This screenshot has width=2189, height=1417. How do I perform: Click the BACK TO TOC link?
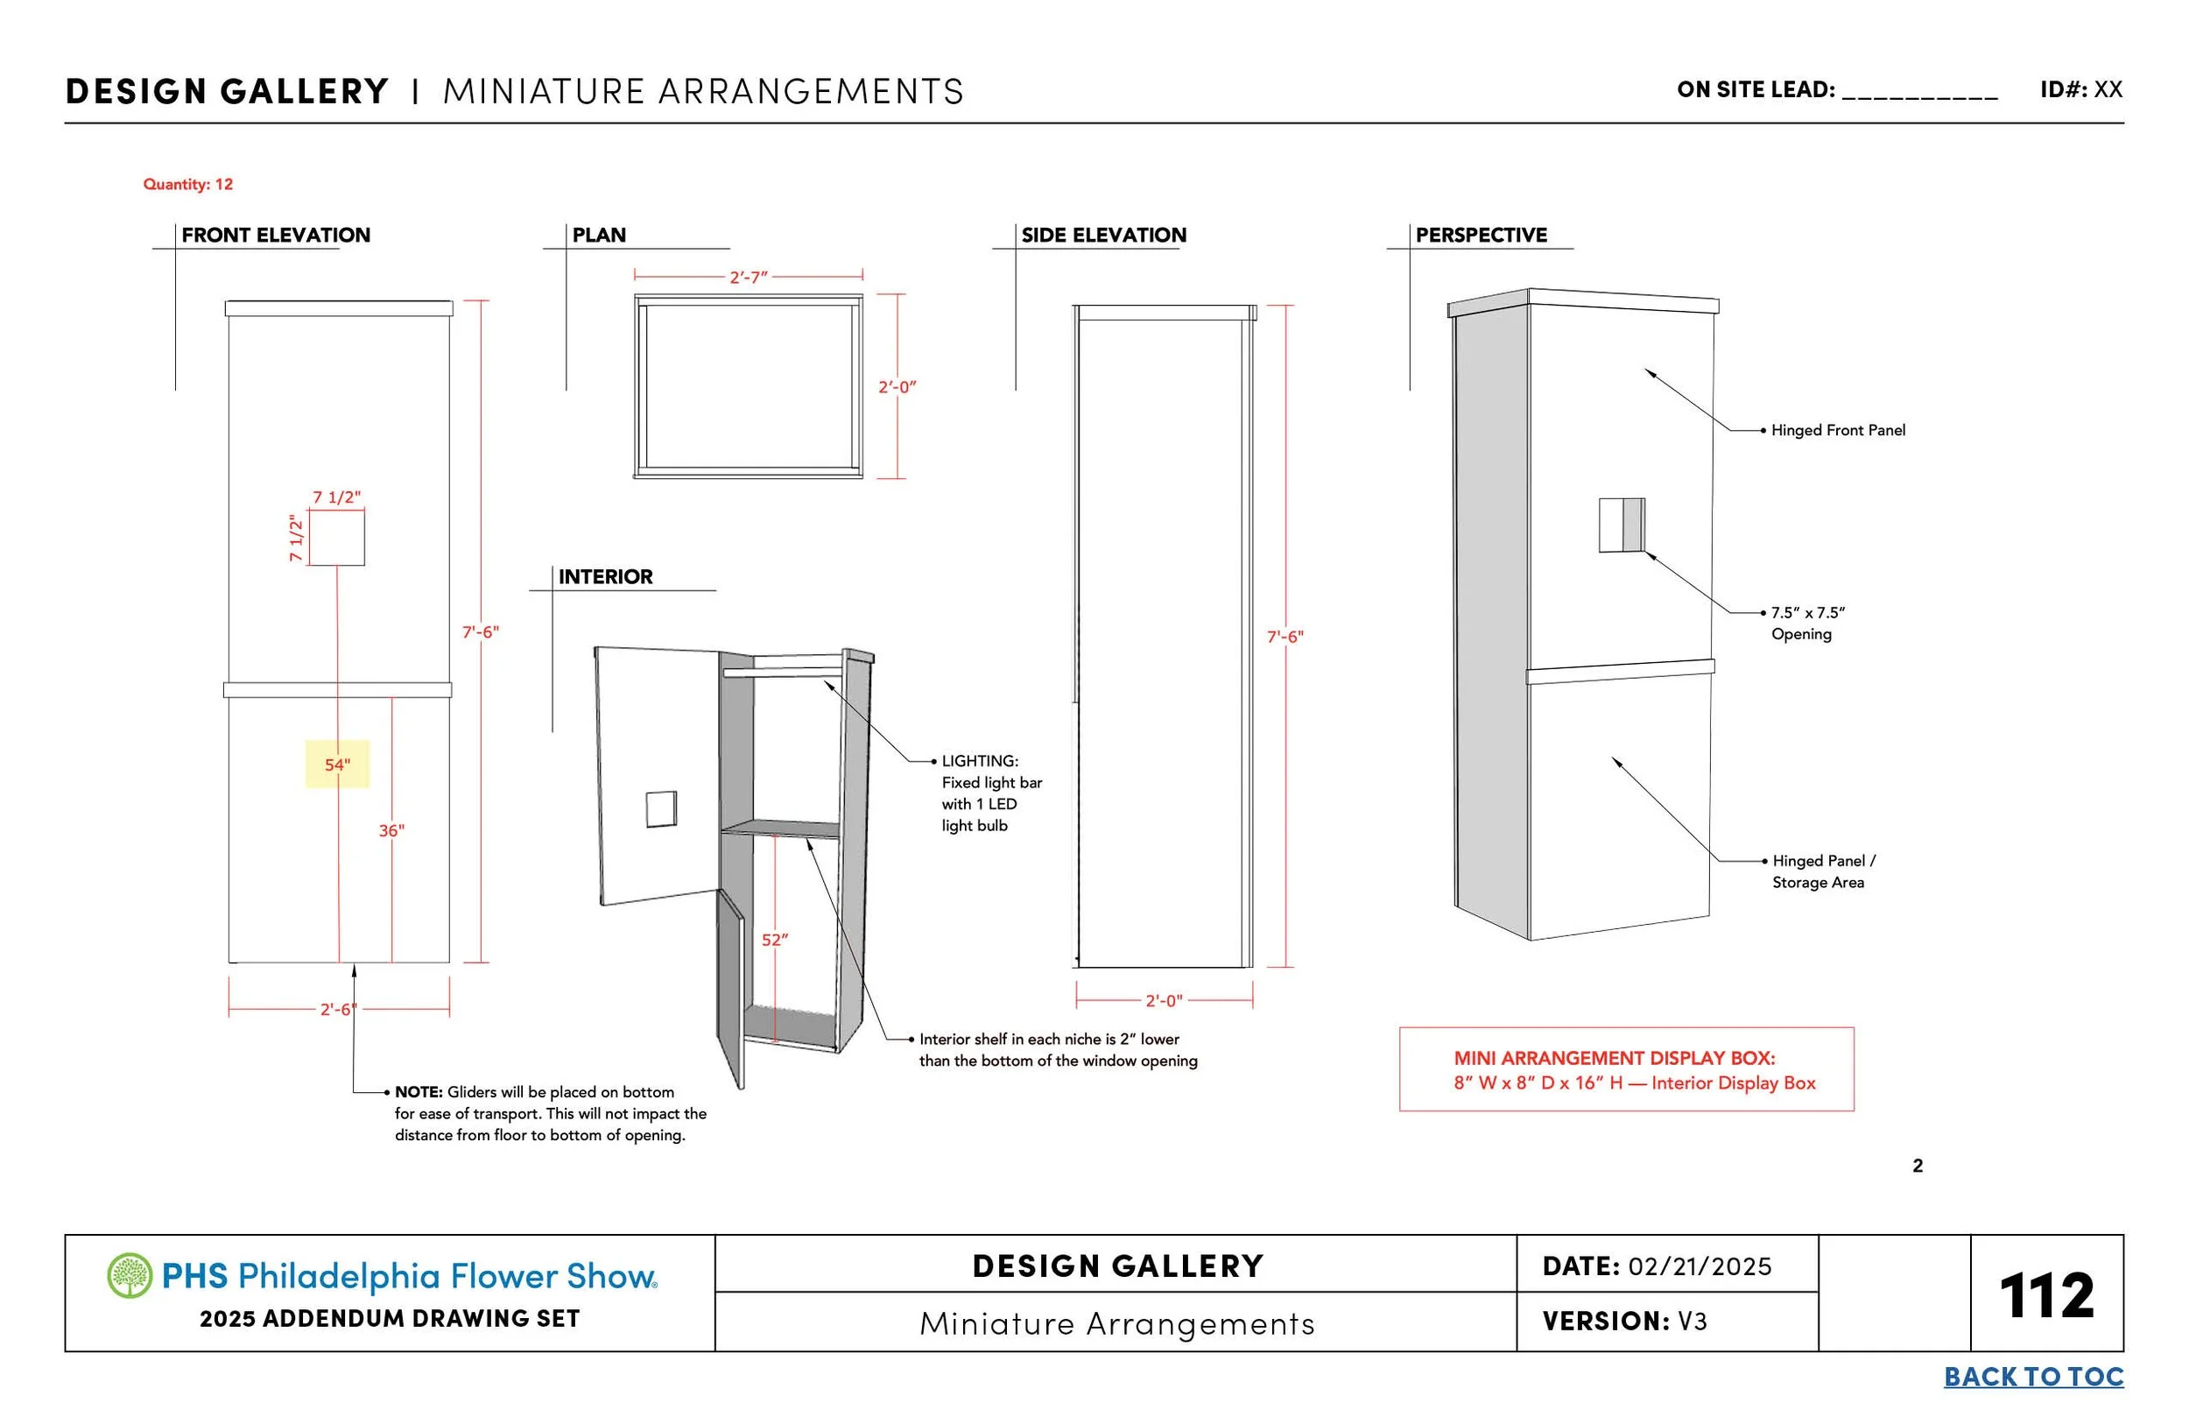coord(2032,1377)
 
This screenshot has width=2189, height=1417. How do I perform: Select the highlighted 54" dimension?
coord(338,765)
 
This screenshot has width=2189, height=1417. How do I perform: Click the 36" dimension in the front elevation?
coord(391,831)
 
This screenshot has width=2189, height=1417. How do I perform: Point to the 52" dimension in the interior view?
coord(774,940)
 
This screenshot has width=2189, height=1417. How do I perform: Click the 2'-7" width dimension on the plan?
coord(748,277)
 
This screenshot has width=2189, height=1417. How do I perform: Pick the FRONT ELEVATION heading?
coord(276,236)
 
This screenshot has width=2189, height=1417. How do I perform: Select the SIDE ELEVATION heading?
coord(1104,236)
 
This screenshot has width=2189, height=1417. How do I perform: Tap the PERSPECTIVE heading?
coord(1481,236)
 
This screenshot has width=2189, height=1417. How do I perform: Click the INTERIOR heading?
coord(605,577)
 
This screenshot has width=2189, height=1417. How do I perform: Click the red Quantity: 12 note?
coord(187,184)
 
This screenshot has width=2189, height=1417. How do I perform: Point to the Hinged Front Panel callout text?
coord(1838,431)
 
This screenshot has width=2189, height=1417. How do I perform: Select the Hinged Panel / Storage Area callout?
coord(1823,871)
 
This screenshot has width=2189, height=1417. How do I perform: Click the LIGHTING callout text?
coord(990,793)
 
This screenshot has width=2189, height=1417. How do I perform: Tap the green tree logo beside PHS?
coord(130,1275)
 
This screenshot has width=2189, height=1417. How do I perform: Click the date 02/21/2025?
coord(1699,1267)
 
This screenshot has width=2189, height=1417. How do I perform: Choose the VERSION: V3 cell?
coord(1624,1322)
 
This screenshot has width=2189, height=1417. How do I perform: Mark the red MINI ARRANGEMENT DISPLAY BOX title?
coord(1614,1058)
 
